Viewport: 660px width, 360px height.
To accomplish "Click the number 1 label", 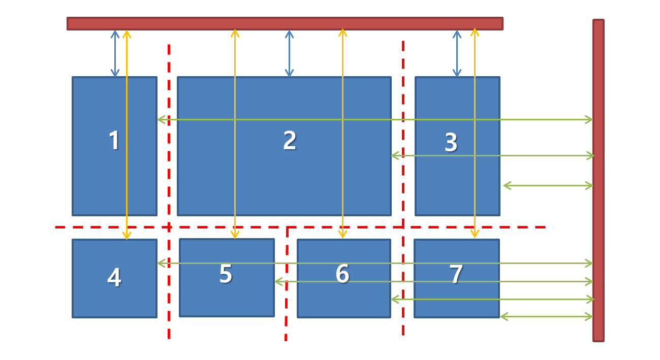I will pyautogui.click(x=114, y=140).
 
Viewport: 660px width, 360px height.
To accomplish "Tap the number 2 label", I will pyautogui.click(x=290, y=140).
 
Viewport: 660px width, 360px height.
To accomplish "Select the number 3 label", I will pyautogui.click(x=451, y=142).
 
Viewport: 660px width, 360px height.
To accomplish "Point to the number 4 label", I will pyautogui.click(x=114, y=278).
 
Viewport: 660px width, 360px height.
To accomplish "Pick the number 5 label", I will pyautogui.click(x=226, y=274).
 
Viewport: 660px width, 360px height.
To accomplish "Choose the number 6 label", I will pyautogui.click(x=342, y=274).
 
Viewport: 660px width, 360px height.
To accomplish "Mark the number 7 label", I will pyautogui.click(x=456, y=274).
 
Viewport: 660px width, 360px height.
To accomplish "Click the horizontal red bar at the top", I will pyautogui.click(x=285, y=23).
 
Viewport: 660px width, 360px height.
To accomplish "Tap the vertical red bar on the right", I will pyautogui.click(x=598, y=180).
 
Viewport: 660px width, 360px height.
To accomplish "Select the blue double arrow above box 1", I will pyautogui.click(x=115, y=53).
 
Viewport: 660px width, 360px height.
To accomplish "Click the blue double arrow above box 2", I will pyautogui.click(x=289, y=53).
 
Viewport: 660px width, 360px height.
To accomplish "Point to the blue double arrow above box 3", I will pyautogui.click(x=457, y=53).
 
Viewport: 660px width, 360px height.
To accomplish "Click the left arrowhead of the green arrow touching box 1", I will pyautogui.click(x=160, y=120).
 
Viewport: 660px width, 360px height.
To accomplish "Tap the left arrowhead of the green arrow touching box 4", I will pyautogui.click(x=160, y=263).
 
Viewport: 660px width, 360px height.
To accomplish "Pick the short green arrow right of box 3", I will pyautogui.click(x=548, y=186).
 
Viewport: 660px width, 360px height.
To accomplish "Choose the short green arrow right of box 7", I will pyautogui.click(x=546, y=317).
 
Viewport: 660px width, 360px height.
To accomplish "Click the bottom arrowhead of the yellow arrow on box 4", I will pyautogui.click(x=127, y=236).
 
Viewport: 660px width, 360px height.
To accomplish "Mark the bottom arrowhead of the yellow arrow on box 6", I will pyautogui.click(x=342, y=235).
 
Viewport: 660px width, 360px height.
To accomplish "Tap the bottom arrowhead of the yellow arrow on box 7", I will pyautogui.click(x=475, y=235).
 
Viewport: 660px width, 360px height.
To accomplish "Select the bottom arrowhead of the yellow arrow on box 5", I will pyautogui.click(x=235, y=235).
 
